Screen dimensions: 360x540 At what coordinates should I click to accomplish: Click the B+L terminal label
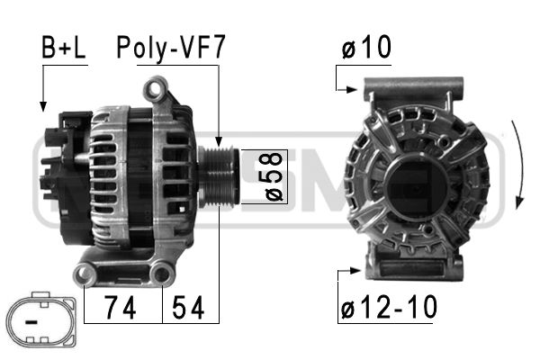(63, 49)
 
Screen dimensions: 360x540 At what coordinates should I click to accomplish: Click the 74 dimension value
(121, 309)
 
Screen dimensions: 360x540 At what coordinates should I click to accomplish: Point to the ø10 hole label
(366, 49)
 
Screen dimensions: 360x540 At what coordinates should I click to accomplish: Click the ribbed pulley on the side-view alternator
(219, 176)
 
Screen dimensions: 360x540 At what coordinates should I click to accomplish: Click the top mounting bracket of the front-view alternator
(413, 90)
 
